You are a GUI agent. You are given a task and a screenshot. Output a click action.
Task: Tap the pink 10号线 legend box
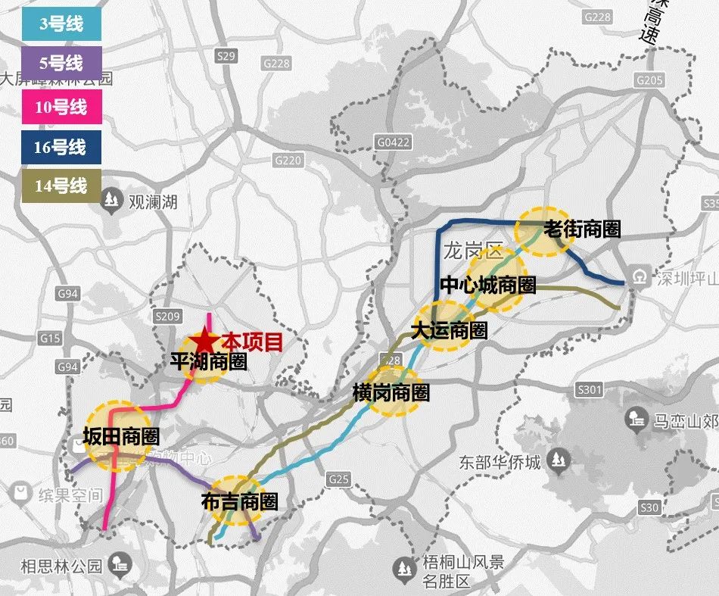(x=61, y=106)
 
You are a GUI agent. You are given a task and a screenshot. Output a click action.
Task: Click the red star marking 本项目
(x=205, y=343)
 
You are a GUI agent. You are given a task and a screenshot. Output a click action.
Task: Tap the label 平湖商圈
(x=209, y=362)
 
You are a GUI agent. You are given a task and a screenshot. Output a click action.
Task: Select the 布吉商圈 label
(x=239, y=501)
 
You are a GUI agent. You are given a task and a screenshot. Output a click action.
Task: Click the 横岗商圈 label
(x=391, y=393)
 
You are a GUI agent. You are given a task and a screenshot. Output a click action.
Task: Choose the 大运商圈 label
(x=449, y=331)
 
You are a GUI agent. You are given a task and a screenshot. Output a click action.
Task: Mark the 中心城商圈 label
(x=488, y=285)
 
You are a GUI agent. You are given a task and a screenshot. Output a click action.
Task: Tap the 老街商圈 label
(x=582, y=229)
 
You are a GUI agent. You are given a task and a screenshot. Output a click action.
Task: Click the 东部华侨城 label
(x=500, y=461)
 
